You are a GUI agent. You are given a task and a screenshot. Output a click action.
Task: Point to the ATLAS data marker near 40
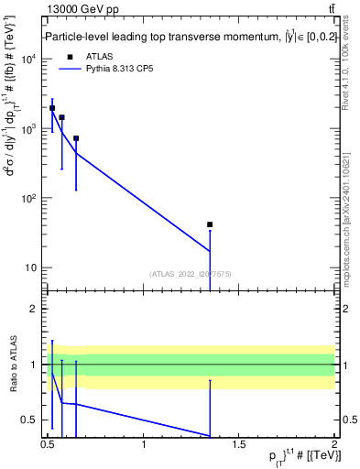click(x=210, y=224)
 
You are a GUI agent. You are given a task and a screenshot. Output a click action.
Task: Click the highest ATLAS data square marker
click(x=52, y=108)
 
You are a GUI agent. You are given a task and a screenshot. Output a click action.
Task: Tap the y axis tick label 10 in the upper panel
click(x=30, y=268)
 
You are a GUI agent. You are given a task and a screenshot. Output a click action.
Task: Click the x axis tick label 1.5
click(x=239, y=445)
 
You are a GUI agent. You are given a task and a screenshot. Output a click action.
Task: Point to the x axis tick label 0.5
click(x=48, y=445)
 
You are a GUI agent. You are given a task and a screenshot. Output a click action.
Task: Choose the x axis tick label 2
click(x=334, y=445)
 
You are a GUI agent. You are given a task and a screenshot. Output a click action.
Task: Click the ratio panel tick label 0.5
click(x=30, y=420)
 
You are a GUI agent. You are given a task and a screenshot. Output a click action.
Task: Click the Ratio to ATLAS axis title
click(x=14, y=364)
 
